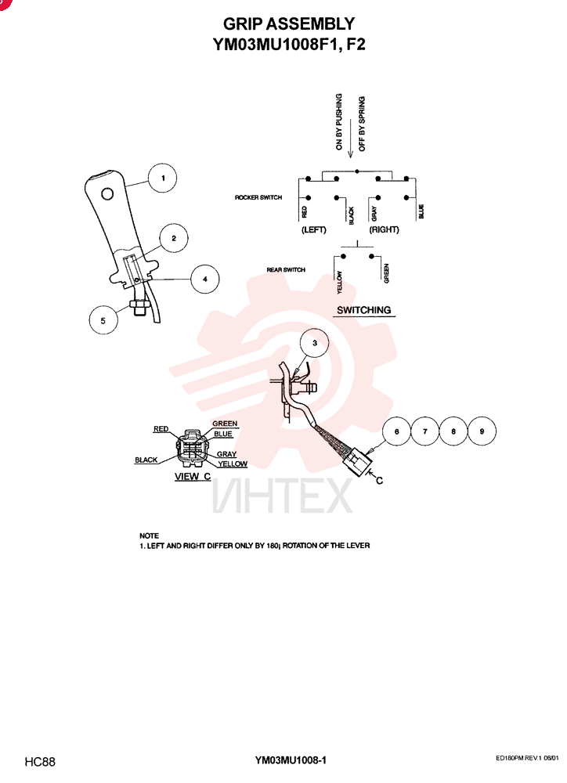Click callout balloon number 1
[x=162, y=179]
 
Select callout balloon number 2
[x=173, y=238]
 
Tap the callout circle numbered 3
[x=314, y=343]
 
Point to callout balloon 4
[x=205, y=280]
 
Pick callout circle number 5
[x=103, y=320]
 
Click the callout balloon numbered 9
[x=482, y=431]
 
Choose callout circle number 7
[x=424, y=431]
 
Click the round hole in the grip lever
[x=107, y=193]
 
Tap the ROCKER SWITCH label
[x=258, y=198]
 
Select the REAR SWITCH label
[x=286, y=269]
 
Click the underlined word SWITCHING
[x=363, y=310]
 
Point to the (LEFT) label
[x=314, y=229]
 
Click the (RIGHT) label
[x=385, y=229]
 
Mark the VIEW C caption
[x=193, y=476]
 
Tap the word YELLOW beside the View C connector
[x=233, y=464]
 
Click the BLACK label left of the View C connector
[x=146, y=460]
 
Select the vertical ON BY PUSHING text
[x=338, y=122]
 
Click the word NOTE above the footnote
[x=150, y=536]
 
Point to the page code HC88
[x=40, y=762]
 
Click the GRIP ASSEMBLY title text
[x=289, y=24]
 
